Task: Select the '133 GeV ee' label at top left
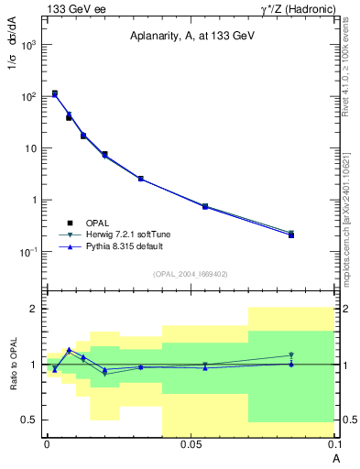point(75,8)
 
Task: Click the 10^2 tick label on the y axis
point(29,96)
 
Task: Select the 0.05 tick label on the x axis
point(191,444)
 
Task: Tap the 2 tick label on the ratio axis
point(33,309)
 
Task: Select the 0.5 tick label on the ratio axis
point(29,420)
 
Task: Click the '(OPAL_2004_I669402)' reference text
point(191,274)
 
